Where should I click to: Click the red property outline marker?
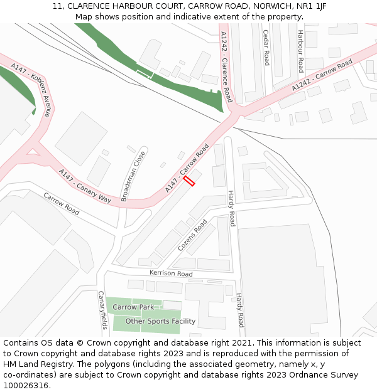point(189,181)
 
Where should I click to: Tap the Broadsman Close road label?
point(133,176)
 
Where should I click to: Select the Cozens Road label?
point(192,235)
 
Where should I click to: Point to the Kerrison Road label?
point(171,273)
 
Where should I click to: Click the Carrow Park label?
point(133,307)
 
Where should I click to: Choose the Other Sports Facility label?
point(160,321)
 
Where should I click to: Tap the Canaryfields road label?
point(102,310)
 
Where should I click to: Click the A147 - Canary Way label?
point(85,185)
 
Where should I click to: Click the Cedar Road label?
point(266,48)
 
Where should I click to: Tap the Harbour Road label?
point(301,51)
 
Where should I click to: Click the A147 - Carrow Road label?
point(187,168)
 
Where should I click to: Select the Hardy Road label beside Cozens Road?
point(231,208)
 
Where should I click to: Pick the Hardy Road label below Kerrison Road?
point(239,310)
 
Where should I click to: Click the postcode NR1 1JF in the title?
point(312,6)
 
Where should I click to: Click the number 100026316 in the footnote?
point(25,386)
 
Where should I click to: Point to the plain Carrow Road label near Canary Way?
point(62,204)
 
